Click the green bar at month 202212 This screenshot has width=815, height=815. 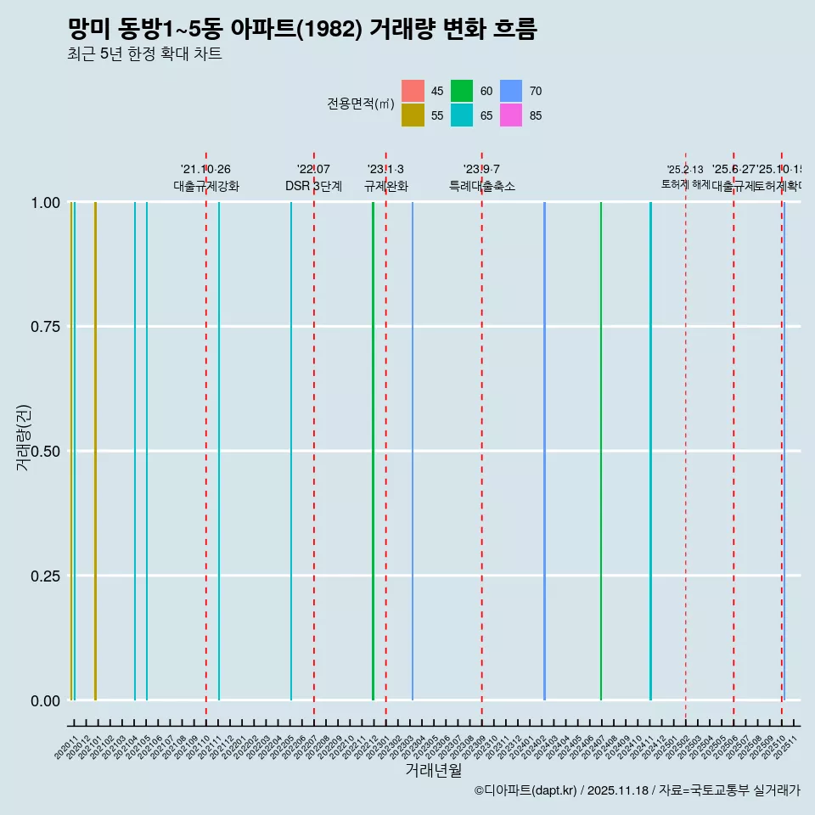point(373,451)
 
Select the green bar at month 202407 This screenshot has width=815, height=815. point(601,451)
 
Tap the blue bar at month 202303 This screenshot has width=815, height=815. point(413,451)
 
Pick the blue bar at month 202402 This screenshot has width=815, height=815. point(544,451)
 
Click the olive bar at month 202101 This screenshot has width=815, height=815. point(95,451)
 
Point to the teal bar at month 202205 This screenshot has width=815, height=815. point(291,451)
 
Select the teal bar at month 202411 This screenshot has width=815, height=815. point(650,451)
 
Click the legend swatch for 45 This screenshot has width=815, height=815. point(413,91)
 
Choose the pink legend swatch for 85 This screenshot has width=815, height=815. point(511,115)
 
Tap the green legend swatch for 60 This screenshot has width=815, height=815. point(462,91)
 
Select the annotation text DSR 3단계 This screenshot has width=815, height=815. point(313,187)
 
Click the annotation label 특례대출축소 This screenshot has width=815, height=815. point(481,187)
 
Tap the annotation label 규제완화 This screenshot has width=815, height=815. point(385,187)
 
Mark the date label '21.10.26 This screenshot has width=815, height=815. point(205,170)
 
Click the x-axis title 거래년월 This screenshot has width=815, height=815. point(433,771)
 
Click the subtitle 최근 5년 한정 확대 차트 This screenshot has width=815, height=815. point(144,54)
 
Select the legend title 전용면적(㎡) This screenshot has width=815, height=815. point(360,104)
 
